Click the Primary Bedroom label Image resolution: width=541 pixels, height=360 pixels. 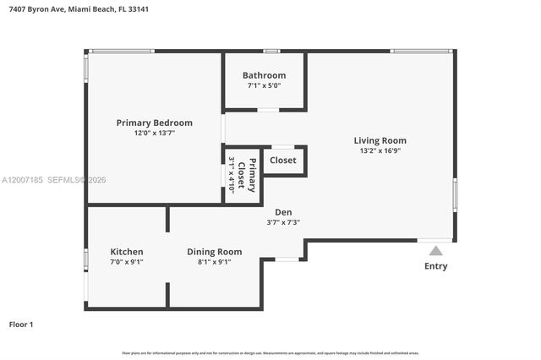pos(154,123)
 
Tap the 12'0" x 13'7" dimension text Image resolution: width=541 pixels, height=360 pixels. pos(154,133)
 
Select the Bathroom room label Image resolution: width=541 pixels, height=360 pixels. pos(264,75)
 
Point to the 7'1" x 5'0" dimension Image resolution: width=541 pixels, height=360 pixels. pos(264,85)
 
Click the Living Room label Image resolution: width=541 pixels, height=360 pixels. pos(380,140)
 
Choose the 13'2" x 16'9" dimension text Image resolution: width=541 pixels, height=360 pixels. pos(380,150)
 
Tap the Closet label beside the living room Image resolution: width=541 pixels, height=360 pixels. pos(283,160)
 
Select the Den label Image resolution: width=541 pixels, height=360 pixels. pos(283,212)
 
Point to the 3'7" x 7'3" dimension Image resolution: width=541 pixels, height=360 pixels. pos(283,222)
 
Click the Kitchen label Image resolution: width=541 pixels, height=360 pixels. pos(127,252)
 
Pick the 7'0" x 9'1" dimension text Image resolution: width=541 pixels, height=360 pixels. pos(127,262)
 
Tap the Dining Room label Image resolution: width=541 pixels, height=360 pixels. pos(214,252)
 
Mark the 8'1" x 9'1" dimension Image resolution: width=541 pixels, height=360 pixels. pos(214,262)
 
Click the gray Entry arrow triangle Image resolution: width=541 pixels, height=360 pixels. pos(435,250)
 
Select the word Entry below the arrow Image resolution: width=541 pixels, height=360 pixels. pos(435,266)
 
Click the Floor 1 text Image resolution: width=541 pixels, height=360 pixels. pos(21,325)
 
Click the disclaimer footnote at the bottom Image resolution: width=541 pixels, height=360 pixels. pos(270,353)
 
